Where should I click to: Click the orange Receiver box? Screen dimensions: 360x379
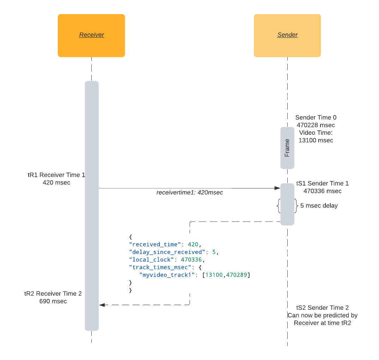point(91,35)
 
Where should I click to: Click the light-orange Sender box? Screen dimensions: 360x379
point(287,35)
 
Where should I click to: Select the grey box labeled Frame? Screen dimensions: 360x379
point(287,148)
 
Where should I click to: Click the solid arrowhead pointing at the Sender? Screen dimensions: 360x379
point(277,188)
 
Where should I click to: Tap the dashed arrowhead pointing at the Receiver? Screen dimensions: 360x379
point(102,305)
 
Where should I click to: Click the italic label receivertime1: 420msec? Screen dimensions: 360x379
point(190,193)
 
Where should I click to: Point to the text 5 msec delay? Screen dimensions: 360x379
point(319,206)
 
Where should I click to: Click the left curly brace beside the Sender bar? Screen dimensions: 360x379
point(279,206)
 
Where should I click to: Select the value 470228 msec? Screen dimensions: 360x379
point(316,125)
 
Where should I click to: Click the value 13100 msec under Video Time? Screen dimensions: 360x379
point(316,141)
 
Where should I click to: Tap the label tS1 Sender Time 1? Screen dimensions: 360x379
point(322,184)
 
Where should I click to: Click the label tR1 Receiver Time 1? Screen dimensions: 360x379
point(56,175)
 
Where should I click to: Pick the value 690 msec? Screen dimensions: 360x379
point(53,301)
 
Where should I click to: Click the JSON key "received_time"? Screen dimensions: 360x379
point(155,244)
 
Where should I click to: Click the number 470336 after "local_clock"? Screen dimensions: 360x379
point(191,260)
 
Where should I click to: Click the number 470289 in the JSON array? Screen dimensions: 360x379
point(237,275)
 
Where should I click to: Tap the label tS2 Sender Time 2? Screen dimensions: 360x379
point(323,308)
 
